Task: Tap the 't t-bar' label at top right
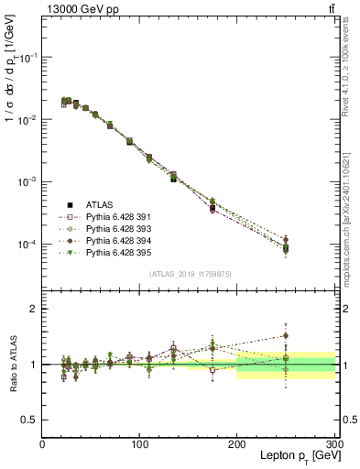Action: coord(330,9)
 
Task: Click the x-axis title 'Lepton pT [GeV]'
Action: coord(295,455)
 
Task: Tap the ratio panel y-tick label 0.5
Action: coord(28,419)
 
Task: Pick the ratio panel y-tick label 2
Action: coord(33,309)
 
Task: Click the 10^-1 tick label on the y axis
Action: coord(28,57)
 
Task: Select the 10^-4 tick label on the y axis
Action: coord(28,245)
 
